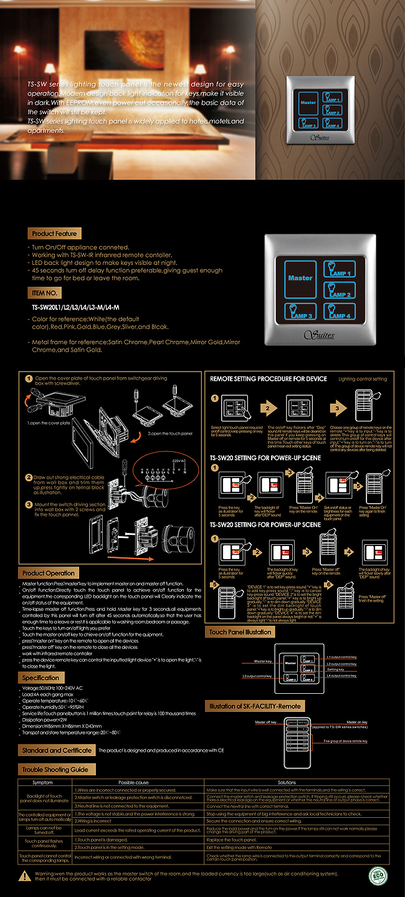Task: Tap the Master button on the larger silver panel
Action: [300, 278]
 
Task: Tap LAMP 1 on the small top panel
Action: [331, 98]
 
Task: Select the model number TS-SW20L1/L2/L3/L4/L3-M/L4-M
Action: [75, 307]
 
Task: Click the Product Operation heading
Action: [48, 573]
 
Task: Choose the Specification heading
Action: [41, 678]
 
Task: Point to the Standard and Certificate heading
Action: [56, 751]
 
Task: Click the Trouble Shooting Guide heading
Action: [55, 770]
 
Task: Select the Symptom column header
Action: [42, 782]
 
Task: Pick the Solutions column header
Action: [287, 782]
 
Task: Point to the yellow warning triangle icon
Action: [24, 876]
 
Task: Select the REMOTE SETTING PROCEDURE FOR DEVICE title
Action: [269, 379]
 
